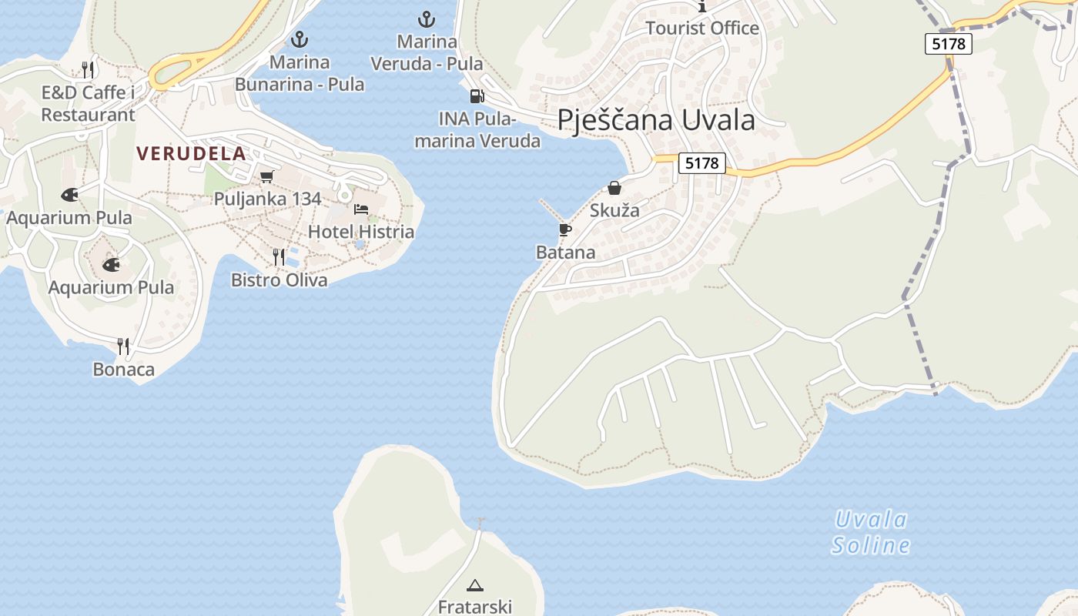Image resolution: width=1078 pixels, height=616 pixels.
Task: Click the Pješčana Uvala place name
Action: (655, 120)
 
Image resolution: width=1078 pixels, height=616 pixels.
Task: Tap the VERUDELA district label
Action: (191, 153)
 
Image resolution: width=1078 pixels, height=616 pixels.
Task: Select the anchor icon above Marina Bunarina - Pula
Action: (299, 39)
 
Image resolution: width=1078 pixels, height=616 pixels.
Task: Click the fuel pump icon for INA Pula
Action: (477, 96)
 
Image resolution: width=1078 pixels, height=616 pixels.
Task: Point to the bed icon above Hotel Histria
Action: (360, 209)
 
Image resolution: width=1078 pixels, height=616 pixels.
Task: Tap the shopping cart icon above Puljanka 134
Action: (267, 176)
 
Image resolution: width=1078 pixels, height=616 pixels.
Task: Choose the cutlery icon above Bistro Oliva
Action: (279, 257)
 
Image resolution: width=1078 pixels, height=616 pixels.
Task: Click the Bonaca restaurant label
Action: (123, 370)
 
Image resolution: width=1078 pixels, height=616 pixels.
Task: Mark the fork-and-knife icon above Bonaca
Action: (123, 346)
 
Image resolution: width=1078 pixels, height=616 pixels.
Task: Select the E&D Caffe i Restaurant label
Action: (88, 104)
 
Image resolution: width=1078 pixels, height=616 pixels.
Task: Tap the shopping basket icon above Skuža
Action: (614, 188)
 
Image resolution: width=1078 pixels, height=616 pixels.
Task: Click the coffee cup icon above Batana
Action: (565, 229)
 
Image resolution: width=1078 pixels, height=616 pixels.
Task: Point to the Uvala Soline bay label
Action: (871, 533)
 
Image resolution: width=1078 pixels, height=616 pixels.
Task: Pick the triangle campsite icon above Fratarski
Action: (475, 585)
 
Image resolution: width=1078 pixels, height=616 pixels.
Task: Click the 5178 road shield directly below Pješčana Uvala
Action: (702, 163)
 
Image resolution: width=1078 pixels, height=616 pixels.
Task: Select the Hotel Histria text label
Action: (360, 232)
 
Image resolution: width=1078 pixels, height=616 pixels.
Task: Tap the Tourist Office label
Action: (701, 28)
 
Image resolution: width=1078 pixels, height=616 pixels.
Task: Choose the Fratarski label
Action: (475, 607)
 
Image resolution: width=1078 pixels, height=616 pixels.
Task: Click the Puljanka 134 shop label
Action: (267, 199)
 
